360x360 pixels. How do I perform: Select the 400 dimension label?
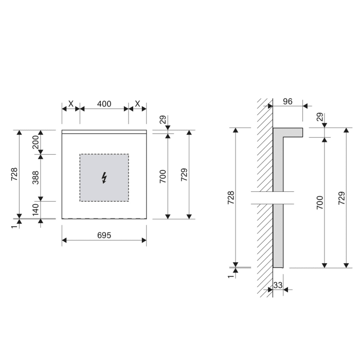104,103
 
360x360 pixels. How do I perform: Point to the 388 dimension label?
35,177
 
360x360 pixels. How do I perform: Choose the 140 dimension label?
35,209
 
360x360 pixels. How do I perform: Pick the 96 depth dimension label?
287,101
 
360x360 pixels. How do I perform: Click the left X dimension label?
70,103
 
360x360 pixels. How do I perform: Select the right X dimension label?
137,103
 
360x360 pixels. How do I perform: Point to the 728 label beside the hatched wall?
230,198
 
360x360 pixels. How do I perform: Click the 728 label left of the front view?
14,174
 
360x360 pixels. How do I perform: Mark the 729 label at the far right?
341,198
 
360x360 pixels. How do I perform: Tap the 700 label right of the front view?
162,177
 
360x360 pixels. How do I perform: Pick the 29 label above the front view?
162,120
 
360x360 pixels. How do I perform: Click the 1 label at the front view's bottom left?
14,225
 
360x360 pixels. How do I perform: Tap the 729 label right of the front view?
184,174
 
